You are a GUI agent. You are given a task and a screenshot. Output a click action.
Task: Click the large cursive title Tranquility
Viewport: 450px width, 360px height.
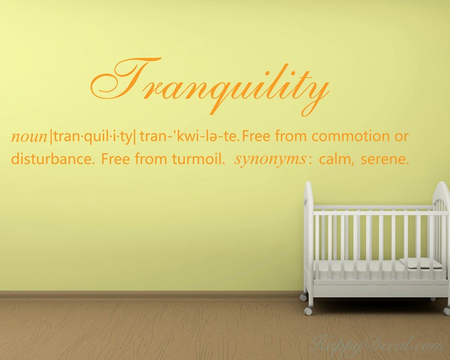210,84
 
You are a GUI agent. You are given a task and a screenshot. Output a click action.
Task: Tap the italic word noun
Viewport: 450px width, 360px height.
29,137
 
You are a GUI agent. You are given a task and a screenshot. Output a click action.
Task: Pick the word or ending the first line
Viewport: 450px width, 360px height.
401,136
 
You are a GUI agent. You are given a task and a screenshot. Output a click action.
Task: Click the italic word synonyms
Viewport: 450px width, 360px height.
271,161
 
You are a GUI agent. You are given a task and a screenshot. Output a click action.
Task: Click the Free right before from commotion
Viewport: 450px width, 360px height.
260,136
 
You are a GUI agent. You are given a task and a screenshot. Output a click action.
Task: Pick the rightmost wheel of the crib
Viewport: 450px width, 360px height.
446,311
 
